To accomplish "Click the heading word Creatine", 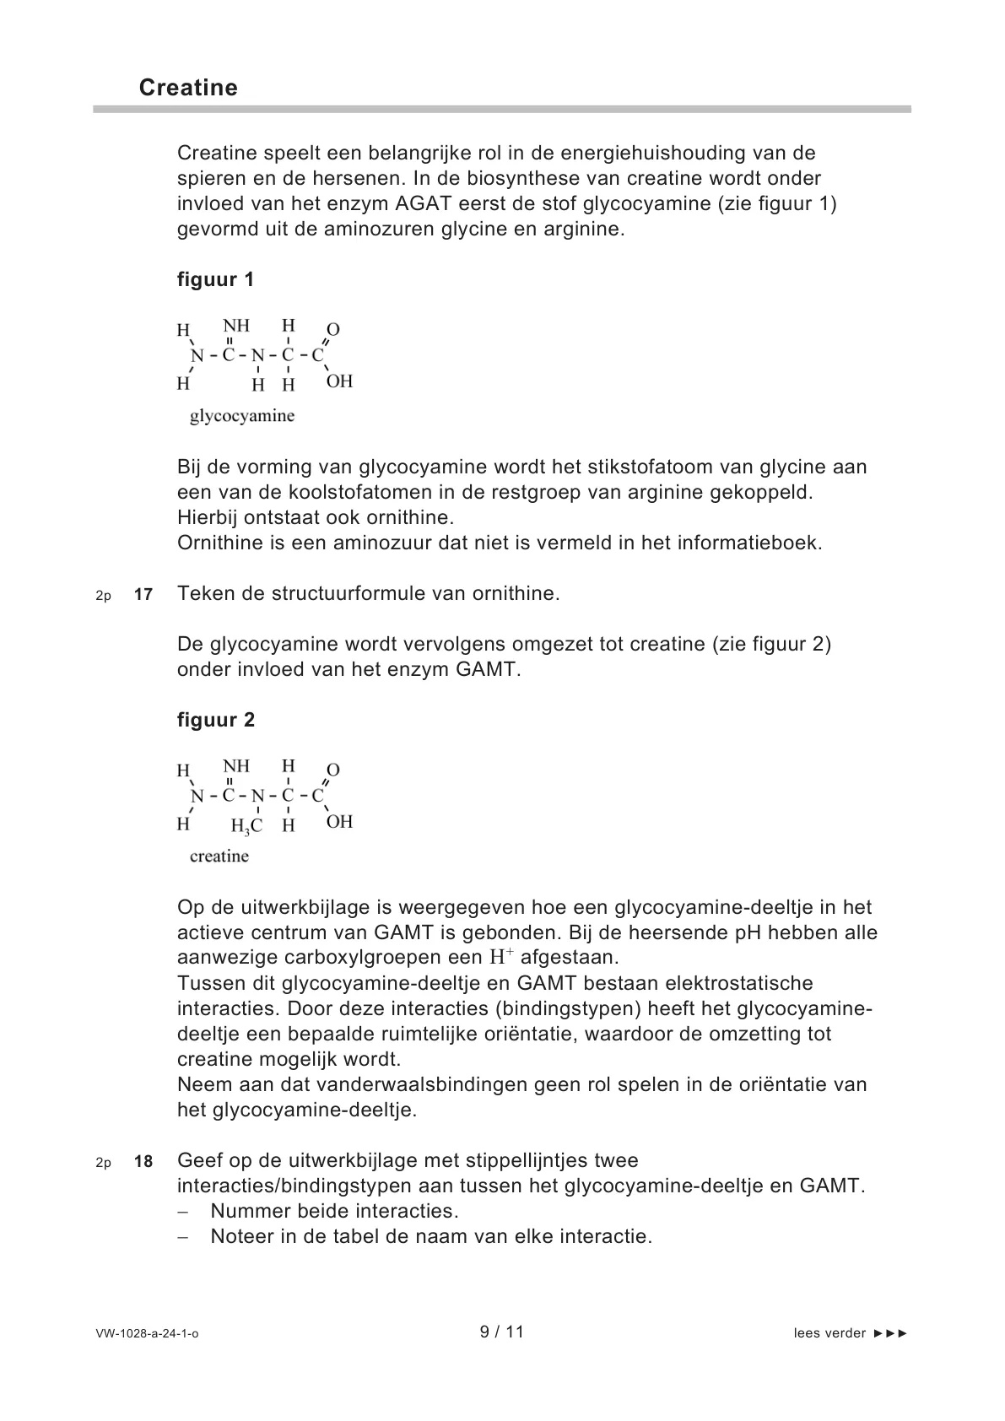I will (188, 88).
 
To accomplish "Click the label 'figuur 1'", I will (215, 279).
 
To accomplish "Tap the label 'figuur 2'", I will (215, 720).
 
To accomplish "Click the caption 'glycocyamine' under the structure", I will (241, 416).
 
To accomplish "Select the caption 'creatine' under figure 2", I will (219, 856).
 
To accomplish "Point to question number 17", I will (143, 594).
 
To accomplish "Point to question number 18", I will (143, 1161).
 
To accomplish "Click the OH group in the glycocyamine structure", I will (339, 381).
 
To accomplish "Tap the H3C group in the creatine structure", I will (246, 825).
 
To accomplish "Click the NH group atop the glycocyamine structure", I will (236, 326).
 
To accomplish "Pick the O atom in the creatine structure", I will (333, 770).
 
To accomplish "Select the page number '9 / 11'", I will (502, 1332).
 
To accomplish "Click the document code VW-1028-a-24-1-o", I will (148, 1333).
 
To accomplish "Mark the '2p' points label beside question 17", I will (103, 595).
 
